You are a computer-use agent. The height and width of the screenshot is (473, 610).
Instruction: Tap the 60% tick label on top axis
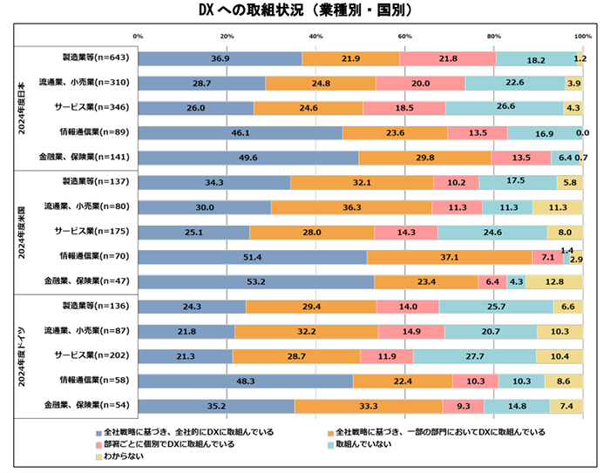tap(404, 36)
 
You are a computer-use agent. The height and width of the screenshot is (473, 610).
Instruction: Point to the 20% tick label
tap(227, 36)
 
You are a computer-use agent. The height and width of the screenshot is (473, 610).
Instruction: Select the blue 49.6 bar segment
tap(248, 158)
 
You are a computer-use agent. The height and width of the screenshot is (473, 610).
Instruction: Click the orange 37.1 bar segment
tap(449, 257)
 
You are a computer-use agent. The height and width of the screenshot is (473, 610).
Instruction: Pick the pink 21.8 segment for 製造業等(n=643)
tap(448, 58)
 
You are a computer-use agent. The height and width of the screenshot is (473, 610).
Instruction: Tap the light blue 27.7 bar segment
tap(474, 356)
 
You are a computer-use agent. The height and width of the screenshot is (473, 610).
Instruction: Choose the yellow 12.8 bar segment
tap(555, 281)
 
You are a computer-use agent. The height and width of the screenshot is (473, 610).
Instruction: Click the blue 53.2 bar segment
tap(256, 281)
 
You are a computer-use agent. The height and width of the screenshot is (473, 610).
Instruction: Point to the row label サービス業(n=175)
tap(88, 232)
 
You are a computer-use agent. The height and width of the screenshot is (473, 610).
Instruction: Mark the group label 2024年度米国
tap(24, 232)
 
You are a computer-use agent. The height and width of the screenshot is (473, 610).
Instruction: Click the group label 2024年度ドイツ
tap(24, 355)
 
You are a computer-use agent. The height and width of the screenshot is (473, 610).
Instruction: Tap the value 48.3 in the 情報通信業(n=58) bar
tap(245, 381)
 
